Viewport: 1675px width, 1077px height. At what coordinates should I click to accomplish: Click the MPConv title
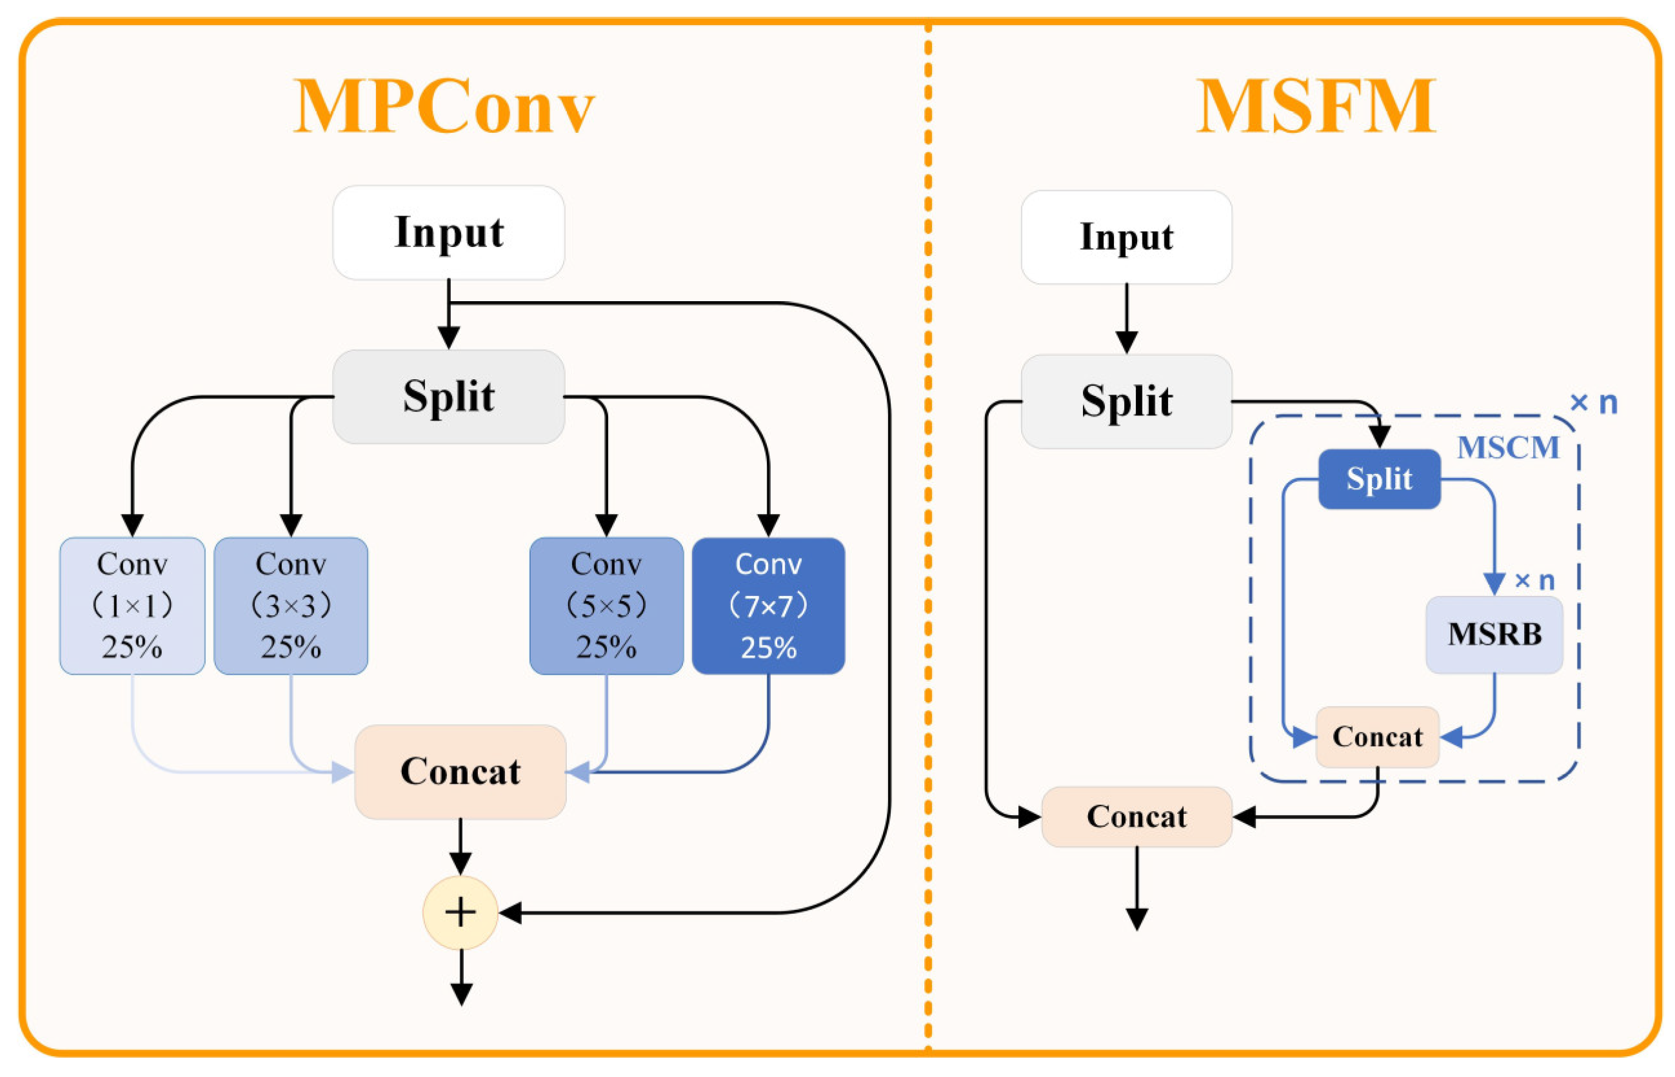coord(444,106)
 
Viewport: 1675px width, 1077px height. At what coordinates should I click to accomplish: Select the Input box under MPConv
coord(448,232)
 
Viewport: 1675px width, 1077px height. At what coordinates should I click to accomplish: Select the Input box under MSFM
coord(1126,237)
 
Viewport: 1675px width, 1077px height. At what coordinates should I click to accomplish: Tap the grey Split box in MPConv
coord(448,397)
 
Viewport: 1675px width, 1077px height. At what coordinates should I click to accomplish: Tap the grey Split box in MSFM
coord(1126,401)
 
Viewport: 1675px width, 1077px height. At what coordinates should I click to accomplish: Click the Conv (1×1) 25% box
coord(132,606)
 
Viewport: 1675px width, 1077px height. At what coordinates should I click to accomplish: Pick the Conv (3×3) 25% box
coord(291,606)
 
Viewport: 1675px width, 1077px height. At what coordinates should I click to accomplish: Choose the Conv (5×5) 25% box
coord(606,606)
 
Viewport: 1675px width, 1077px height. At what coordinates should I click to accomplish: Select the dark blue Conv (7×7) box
coord(768,606)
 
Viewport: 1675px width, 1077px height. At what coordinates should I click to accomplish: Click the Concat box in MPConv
coord(460,771)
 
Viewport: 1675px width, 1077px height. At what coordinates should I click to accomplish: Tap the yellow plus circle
coord(460,913)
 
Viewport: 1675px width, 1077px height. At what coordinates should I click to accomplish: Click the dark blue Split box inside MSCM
coord(1378,479)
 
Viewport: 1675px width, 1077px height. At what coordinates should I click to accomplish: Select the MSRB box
coord(1494,635)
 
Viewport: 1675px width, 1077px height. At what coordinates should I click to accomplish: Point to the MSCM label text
coord(1508,448)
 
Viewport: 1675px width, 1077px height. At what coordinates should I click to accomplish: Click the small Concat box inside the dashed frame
coord(1377,736)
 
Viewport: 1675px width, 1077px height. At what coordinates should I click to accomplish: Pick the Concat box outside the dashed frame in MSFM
coord(1136,816)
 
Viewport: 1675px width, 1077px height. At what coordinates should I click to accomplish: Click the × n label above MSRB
coord(1534,580)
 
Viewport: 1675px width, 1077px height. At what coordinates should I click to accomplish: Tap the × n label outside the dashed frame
coord(1594,403)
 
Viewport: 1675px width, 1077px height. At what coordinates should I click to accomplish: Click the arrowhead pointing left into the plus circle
coord(509,913)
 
